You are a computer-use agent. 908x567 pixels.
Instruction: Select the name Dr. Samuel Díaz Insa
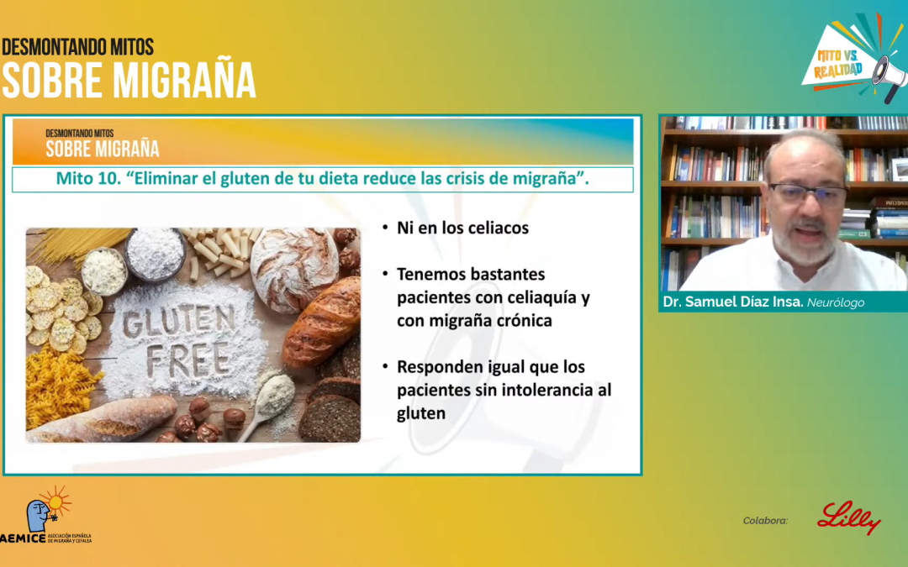732,302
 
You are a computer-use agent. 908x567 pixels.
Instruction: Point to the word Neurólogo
836,302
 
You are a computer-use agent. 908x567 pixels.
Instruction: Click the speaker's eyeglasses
806,196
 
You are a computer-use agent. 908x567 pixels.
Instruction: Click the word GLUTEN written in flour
178,320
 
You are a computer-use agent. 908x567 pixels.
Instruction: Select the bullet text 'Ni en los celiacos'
462,228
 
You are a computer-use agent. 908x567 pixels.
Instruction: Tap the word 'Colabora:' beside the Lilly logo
765,521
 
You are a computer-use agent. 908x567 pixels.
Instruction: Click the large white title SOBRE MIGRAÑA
128,80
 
